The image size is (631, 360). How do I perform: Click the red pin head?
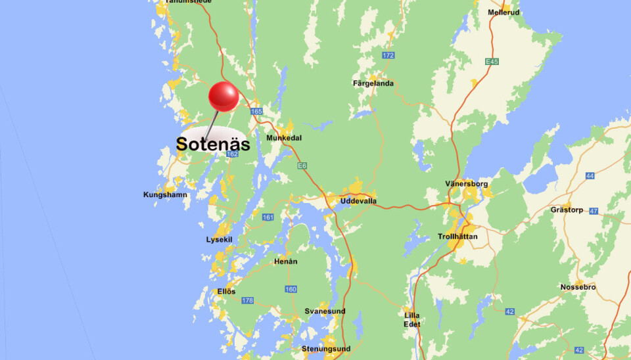pyautogui.click(x=223, y=97)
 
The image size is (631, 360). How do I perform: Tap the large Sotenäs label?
pyautogui.click(x=213, y=144)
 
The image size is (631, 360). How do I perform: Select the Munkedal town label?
pyautogui.click(x=283, y=138)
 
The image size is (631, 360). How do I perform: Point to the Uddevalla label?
pyautogui.click(x=358, y=200)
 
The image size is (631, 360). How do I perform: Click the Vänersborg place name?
pyautogui.click(x=466, y=184)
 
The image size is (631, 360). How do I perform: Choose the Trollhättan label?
pyautogui.click(x=457, y=236)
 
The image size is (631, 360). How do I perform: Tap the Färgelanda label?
pyautogui.click(x=373, y=83)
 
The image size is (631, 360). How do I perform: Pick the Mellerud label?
pyautogui.click(x=504, y=12)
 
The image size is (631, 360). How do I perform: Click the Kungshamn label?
pyautogui.click(x=165, y=194)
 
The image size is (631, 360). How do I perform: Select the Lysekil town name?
pyautogui.click(x=219, y=240)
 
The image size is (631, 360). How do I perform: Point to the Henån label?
pyautogui.click(x=286, y=261)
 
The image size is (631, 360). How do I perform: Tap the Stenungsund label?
pyautogui.click(x=326, y=349)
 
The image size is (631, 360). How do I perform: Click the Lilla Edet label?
pyautogui.click(x=412, y=319)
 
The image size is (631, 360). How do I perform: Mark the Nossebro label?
pyautogui.click(x=578, y=287)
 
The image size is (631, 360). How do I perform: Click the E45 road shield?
pyautogui.click(x=492, y=62)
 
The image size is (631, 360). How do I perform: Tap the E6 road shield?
pyautogui.click(x=302, y=166)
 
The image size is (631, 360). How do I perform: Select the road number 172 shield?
pyautogui.click(x=388, y=55)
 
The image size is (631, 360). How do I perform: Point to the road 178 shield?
pyautogui.click(x=247, y=300)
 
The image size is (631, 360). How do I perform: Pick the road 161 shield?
pyautogui.click(x=268, y=217)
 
